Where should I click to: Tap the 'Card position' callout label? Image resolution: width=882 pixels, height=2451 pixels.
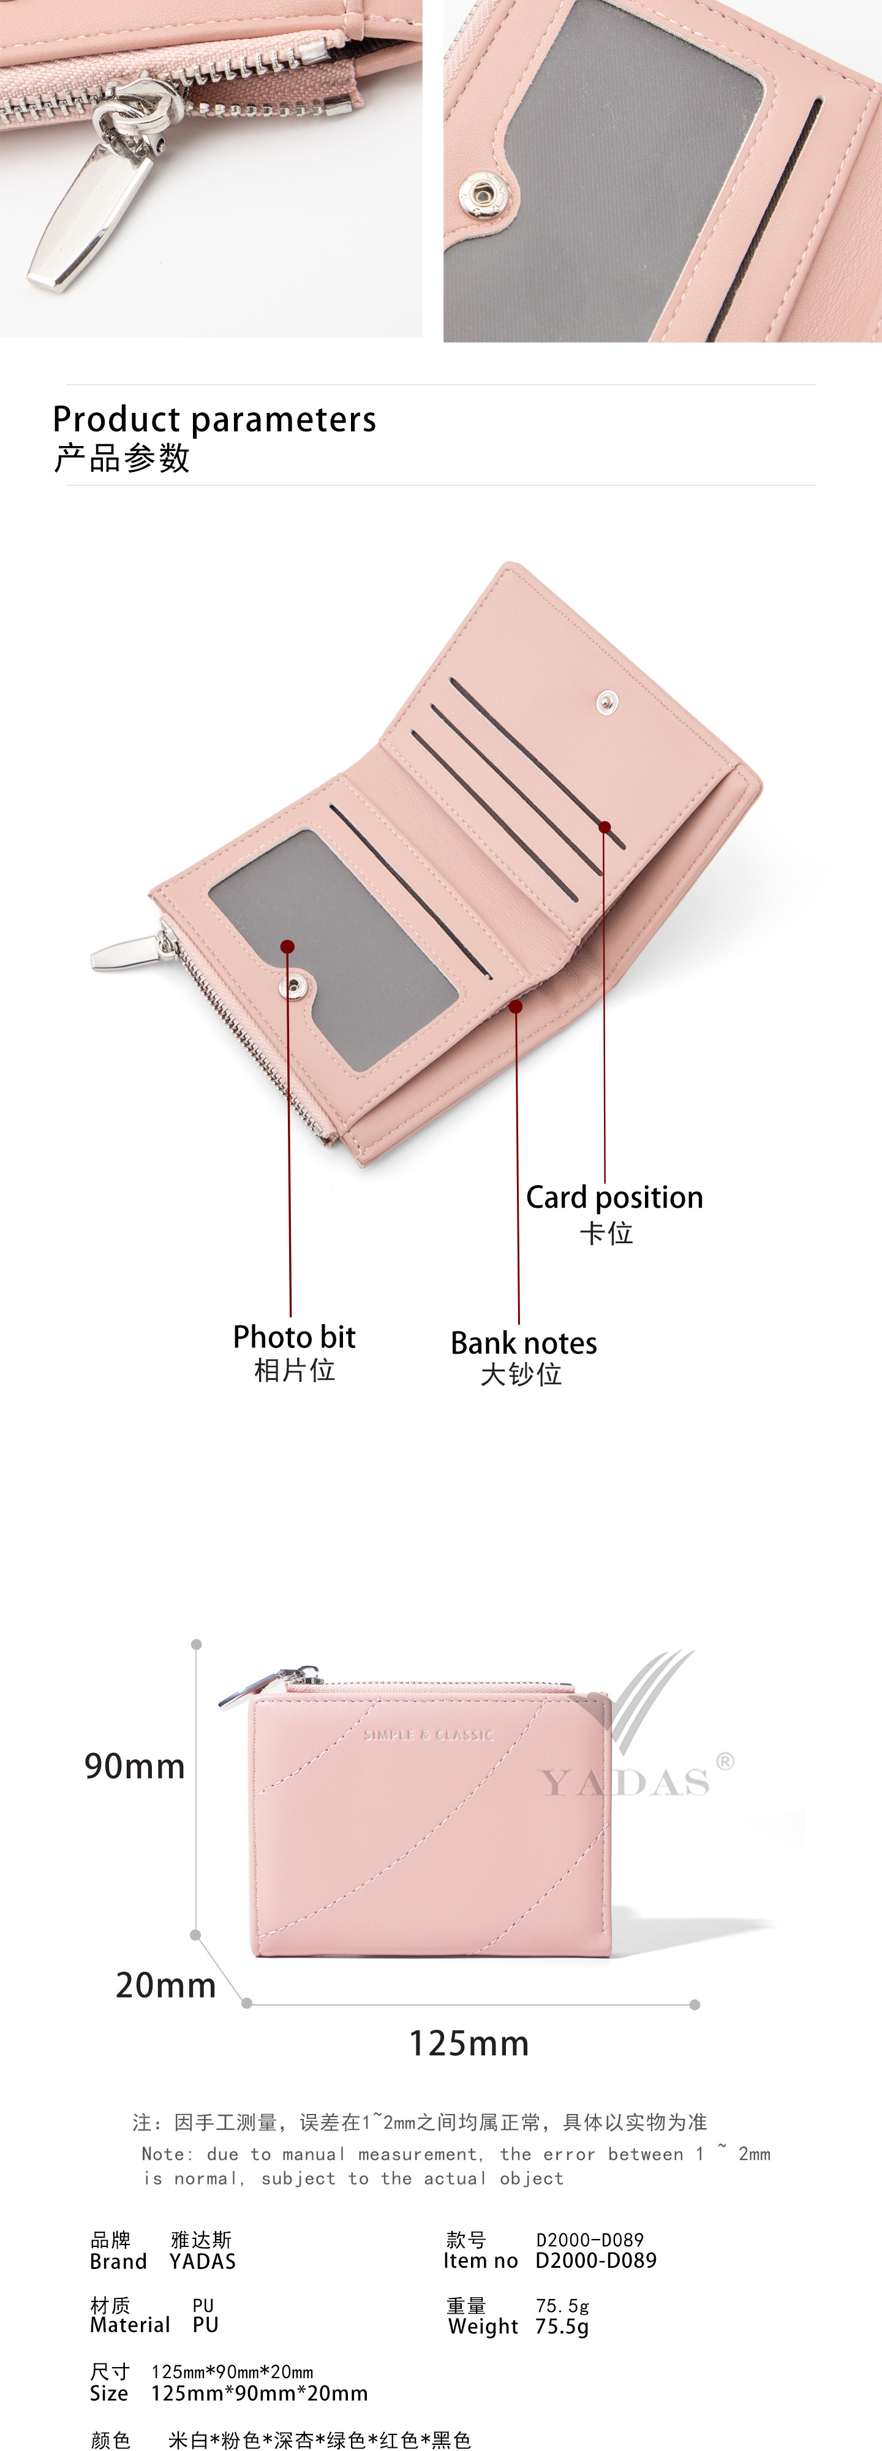(x=614, y=1197)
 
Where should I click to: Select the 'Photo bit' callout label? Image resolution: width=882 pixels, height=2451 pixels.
(x=294, y=1337)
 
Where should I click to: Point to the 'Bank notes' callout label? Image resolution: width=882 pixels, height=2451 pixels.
(x=523, y=1343)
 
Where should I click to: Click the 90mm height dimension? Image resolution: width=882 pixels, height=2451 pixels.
(x=134, y=1766)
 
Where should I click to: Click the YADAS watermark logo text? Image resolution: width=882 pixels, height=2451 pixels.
(x=625, y=1781)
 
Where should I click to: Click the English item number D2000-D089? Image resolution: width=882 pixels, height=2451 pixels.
(x=595, y=2260)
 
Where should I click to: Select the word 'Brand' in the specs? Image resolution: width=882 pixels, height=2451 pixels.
(x=118, y=2260)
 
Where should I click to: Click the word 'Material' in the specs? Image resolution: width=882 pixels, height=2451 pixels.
(x=129, y=2324)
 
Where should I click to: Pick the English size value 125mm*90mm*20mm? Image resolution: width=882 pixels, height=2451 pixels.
(x=259, y=2392)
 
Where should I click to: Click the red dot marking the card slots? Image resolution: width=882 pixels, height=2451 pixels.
(x=604, y=827)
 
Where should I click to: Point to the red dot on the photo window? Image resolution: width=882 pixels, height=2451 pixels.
(x=287, y=945)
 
